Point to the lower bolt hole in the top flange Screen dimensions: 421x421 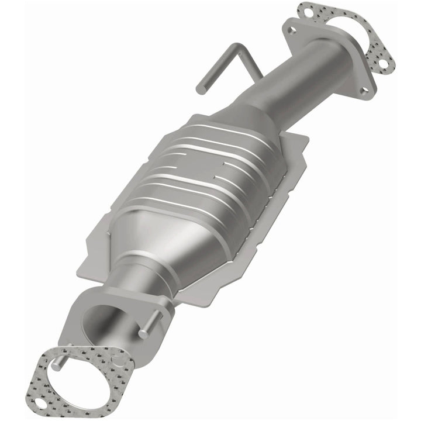point(364,89)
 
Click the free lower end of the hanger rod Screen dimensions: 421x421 point(200,89)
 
